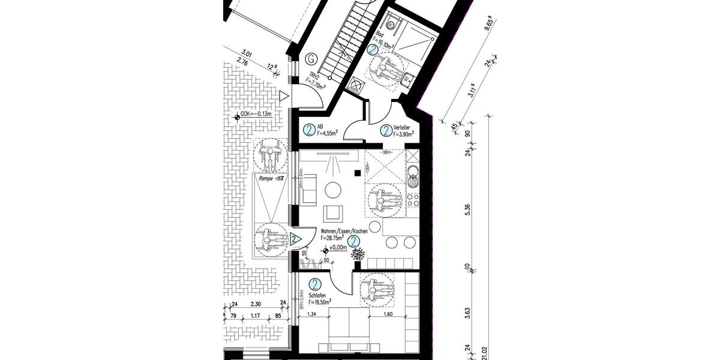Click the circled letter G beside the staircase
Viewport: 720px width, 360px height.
(311, 59)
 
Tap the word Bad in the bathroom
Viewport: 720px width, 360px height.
(379, 34)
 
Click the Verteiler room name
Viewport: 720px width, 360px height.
(401, 127)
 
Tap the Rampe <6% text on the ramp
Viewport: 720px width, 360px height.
(271, 178)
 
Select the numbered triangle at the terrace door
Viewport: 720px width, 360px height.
(295, 239)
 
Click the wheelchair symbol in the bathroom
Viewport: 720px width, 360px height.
(387, 67)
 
